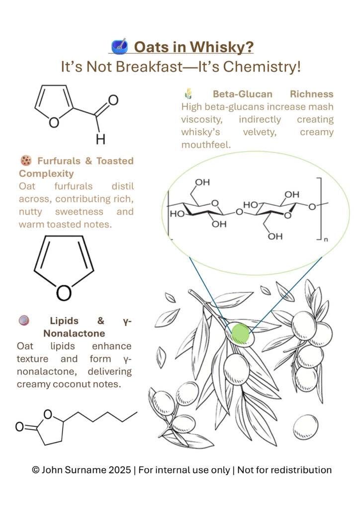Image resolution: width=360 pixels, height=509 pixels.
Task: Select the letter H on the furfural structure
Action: click(x=100, y=140)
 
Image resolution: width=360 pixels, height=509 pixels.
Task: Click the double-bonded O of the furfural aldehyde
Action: click(x=113, y=100)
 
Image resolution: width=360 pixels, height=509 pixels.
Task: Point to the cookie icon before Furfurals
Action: click(x=26, y=161)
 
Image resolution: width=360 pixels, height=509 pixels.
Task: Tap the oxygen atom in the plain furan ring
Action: click(x=64, y=293)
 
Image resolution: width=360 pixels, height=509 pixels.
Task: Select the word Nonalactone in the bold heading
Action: click(x=74, y=333)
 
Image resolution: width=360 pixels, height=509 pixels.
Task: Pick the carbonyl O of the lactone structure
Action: click(x=19, y=426)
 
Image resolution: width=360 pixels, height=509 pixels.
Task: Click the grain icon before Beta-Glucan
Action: click(x=188, y=93)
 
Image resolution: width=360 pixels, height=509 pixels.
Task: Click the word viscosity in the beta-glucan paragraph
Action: click(x=201, y=120)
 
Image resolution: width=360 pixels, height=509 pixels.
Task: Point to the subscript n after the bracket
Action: click(x=327, y=239)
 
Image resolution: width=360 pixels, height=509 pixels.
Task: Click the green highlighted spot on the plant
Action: click(x=241, y=333)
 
